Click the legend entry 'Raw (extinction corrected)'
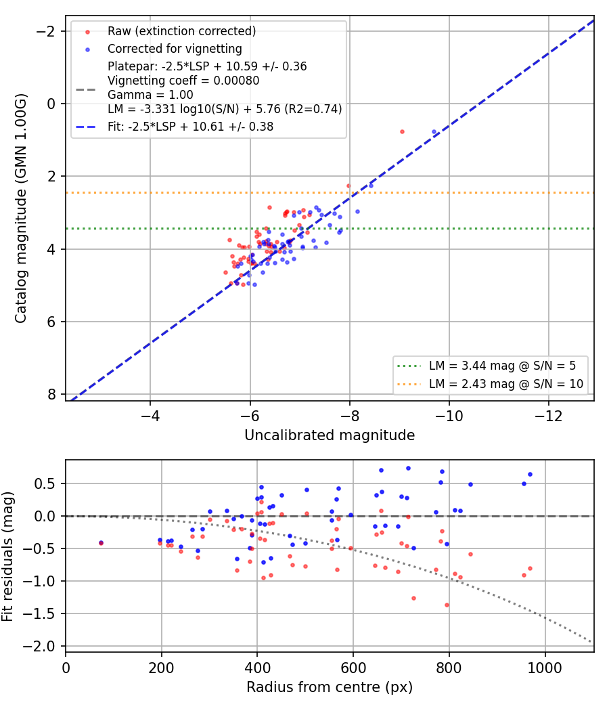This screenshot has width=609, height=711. (x=181, y=31)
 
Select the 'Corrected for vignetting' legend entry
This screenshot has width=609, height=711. (x=175, y=49)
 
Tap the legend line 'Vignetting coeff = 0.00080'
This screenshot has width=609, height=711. (x=183, y=81)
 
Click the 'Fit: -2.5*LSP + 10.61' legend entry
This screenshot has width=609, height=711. (x=190, y=127)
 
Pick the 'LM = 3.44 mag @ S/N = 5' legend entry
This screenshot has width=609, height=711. (x=502, y=366)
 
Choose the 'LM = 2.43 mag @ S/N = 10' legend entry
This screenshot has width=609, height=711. (x=505, y=384)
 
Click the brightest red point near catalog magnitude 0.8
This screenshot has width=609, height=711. (x=402, y=132)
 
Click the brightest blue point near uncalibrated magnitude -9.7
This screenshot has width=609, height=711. (x=434, y=132)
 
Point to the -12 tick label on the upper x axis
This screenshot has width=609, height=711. (x=548, y=416)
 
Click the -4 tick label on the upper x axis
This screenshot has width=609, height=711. (x=150, y=416)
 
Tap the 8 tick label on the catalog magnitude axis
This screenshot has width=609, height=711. (x=51, y=395)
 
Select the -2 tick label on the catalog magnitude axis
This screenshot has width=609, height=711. (x=45, y=31)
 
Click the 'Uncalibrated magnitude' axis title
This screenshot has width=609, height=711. (x=330, y=435)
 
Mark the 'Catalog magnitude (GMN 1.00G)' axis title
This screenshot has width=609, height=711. (x=20, y=209)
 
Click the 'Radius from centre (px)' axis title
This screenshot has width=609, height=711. (x=330, y=687)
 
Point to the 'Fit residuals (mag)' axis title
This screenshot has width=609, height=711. (x=7, y=557)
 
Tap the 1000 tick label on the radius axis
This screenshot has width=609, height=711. (x=545, y=668)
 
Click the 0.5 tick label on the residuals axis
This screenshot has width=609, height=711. (x=45, y=484)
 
